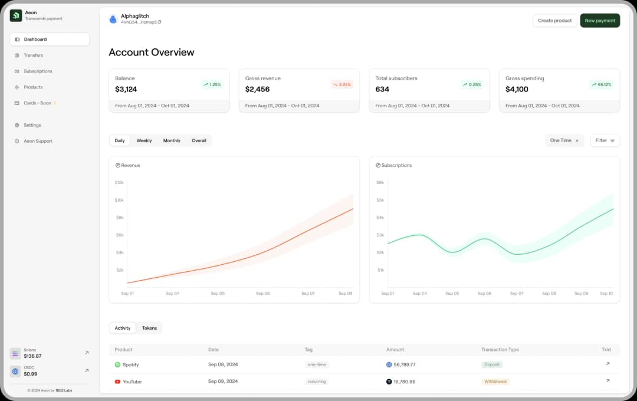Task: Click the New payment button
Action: (x=600, y=21)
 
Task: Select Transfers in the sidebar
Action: (x=33, y=55)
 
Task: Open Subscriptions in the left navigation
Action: (x=38, y=71)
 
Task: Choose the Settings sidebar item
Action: (x=32, y=125)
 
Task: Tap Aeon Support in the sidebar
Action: (x=38, y=141)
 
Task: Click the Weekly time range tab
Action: (x=144, y=140)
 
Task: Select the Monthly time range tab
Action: (x=172, y=140)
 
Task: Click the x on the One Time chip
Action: (x=577, y=141)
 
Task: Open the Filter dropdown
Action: (x=605, y=140)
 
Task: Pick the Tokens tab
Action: (x=149, y=328)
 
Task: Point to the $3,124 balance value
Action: (x=126, y=90)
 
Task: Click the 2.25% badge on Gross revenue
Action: (x=342, y=84)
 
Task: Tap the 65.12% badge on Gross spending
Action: (x=602, y=84)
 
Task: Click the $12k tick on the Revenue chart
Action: (x=119, y=183)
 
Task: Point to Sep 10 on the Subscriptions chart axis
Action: (x=606, y=293)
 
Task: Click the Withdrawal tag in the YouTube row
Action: (x=495, y=382)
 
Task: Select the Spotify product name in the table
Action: (x=130, y=364)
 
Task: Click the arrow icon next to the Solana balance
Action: (x=87, y=353)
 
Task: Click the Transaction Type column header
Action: (x=500, y=350)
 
